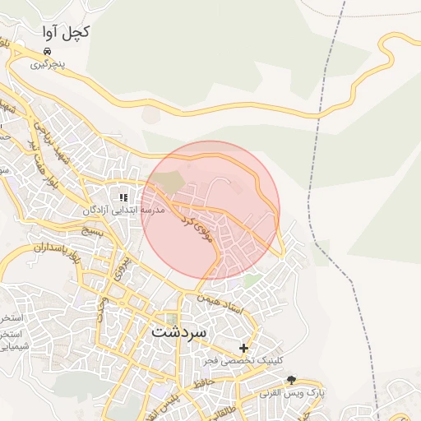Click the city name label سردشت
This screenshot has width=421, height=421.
point(181,331)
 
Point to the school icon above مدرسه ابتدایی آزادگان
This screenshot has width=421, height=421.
point(124,197)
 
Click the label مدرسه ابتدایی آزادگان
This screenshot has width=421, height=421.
point(123,210)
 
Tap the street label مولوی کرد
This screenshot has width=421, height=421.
point(197,231)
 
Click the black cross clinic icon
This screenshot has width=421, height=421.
point(243,348)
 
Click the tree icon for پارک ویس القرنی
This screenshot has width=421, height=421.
point(291,380)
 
